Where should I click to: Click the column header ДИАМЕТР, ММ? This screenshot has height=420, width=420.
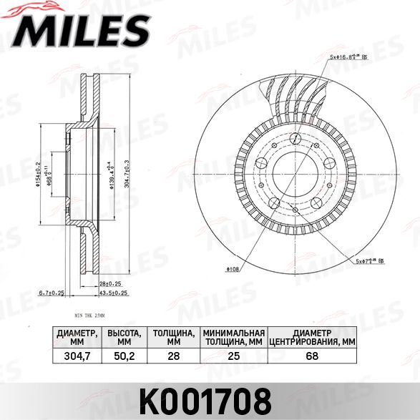[x=76, y=337]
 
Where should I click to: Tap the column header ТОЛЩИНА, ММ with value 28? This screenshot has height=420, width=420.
[x=175, y=337]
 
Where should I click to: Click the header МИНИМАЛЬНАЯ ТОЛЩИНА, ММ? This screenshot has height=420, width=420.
[x=234, y=337]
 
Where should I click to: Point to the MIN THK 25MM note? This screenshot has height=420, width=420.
[x=89, y=315]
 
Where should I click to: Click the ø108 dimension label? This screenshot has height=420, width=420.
[x=233, y=270]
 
